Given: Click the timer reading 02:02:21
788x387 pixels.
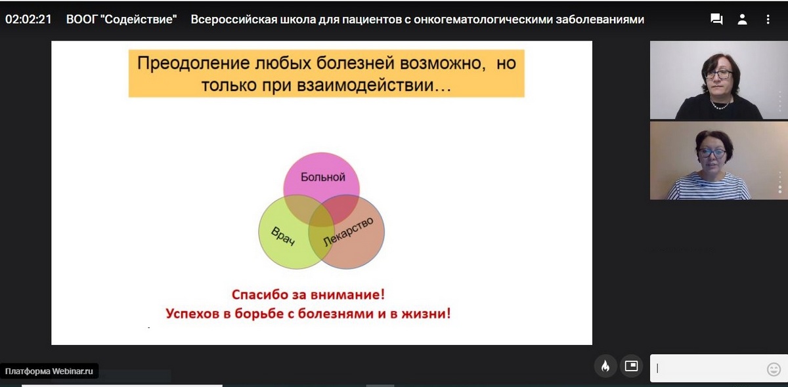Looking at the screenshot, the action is [28, 19].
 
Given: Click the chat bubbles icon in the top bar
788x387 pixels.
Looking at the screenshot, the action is [716, 19].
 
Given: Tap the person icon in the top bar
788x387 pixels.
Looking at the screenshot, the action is [742, 19].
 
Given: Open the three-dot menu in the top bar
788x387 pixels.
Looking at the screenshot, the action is [768, 19].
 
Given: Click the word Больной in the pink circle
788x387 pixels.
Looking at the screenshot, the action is [322, 177].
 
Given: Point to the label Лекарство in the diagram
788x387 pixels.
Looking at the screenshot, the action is [348, 232].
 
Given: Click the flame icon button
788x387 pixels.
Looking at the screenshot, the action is [605, 366].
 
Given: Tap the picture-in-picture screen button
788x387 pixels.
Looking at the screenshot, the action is [632, 366].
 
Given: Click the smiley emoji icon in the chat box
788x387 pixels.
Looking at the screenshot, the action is [774, 369].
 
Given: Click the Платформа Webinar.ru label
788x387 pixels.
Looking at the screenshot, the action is [49, 371].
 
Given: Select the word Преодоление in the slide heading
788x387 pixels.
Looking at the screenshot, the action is [194, 64].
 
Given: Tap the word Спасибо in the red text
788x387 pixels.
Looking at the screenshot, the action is [260, 295].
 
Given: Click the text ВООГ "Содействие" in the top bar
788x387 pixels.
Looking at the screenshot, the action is [121, 19].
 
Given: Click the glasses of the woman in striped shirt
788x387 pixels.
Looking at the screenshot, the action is [712, 153].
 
